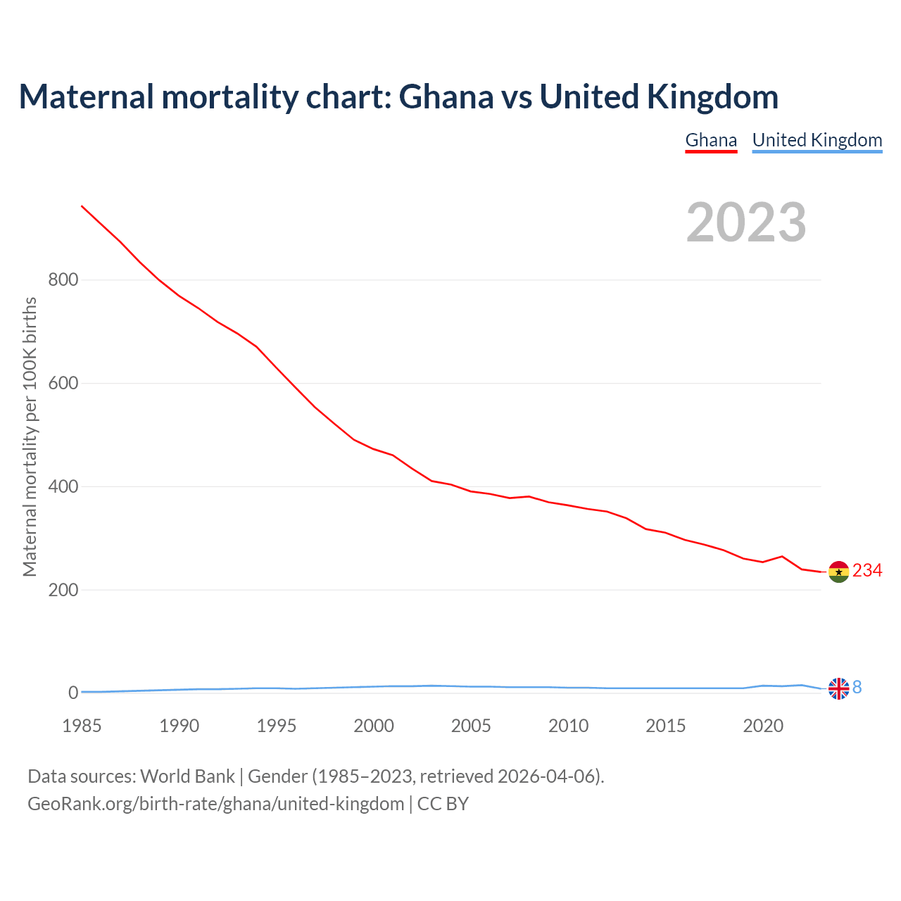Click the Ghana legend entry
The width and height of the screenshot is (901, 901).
pyautogui.click(x=711, y=140)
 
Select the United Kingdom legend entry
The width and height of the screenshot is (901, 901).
pyautogui.click(x=817, y=140)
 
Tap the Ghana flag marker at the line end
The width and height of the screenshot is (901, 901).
pyautogui.click(x=838, y=572)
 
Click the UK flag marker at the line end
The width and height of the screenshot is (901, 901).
pyautogui.click(x=838, y=688)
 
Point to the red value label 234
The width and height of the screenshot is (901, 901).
pyautogui.click(x=867, y=571)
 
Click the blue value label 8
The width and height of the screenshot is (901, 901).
pyautogui.click(x=857, y=688)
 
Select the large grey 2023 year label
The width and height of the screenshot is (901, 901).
pyautogui.click(x=746, y=222)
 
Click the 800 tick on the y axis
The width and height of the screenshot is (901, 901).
pyautogui.click(x=63, y=280)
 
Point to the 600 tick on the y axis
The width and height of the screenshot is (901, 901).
pyautogui.click(x=63, y=384)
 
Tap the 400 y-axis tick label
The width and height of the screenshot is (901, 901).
pyautogui.click(x=63, y=487)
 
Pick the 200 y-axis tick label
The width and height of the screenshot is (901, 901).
pyautogui.click(x=63, y=590)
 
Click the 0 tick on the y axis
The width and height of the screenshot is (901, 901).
pyautogui.click(x=73, y=693)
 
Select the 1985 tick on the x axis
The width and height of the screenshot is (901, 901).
pyautogui.click(x=82, y=726)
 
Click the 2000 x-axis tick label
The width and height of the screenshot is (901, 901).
pyautogui.click(x=374, y=726)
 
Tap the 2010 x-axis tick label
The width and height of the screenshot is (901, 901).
pyautogui.click(x=568, y=726)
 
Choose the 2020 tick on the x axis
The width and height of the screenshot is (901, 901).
pyautogui.click(x=763, y=726)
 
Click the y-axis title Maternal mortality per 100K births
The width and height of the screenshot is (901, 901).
pyautogui.click(x=30, y=436)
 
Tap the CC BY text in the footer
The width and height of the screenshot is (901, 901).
pyautogui.click(x=443, y=804)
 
